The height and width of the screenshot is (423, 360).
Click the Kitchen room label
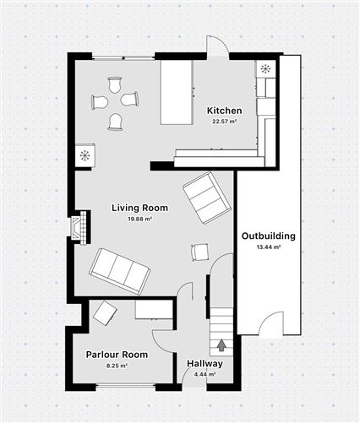[x=224, y=111]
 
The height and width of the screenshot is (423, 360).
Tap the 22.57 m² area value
[x=224, y=122]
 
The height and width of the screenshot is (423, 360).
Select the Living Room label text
[x=139, y=208]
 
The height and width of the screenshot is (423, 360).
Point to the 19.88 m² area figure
[x=139, y=219]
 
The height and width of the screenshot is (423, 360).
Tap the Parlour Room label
[x=117, y=355]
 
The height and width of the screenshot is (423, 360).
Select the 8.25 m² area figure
[x=117, y=366]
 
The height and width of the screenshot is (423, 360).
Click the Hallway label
[x=205, y=364]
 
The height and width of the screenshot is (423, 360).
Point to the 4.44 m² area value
[x=205, y=374]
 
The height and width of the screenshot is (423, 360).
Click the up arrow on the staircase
[x=221, y=344]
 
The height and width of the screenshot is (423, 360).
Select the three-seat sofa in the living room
[x=120, y=270]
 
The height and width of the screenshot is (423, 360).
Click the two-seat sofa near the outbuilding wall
[x=205, y=197]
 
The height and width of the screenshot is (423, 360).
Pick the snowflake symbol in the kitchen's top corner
[x=265, y=69]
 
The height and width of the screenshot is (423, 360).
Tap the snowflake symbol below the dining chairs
[x=85, y=155]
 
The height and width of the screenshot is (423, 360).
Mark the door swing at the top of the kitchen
[x=216, y=47]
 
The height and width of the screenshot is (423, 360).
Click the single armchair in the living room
[x=200, y=252]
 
